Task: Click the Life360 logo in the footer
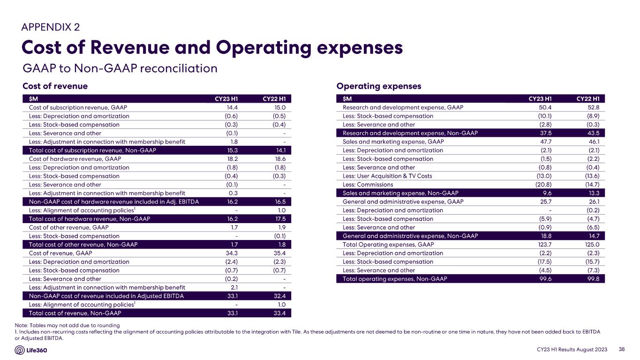(x=34, y=350)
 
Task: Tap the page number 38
(x=622, y=349)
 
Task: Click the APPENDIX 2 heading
(x=53, y=27)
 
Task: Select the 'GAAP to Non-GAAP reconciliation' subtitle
(x=120, y=68)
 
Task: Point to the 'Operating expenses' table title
(x=379, y=86)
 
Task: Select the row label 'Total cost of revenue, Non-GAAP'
(x=75, y=313)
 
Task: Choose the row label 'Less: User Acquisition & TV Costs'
(x=387, y=176)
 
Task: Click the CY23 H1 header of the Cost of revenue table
(x=226, y=98)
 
